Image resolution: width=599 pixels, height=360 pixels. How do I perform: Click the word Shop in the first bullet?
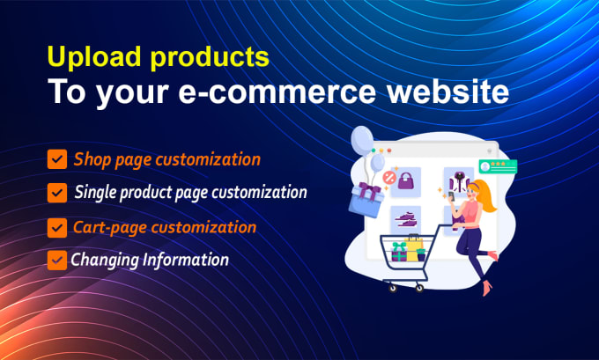[92, 159]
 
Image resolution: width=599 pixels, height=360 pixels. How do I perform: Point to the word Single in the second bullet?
[97, 191]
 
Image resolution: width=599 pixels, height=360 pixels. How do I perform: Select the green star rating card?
[497, 165]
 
